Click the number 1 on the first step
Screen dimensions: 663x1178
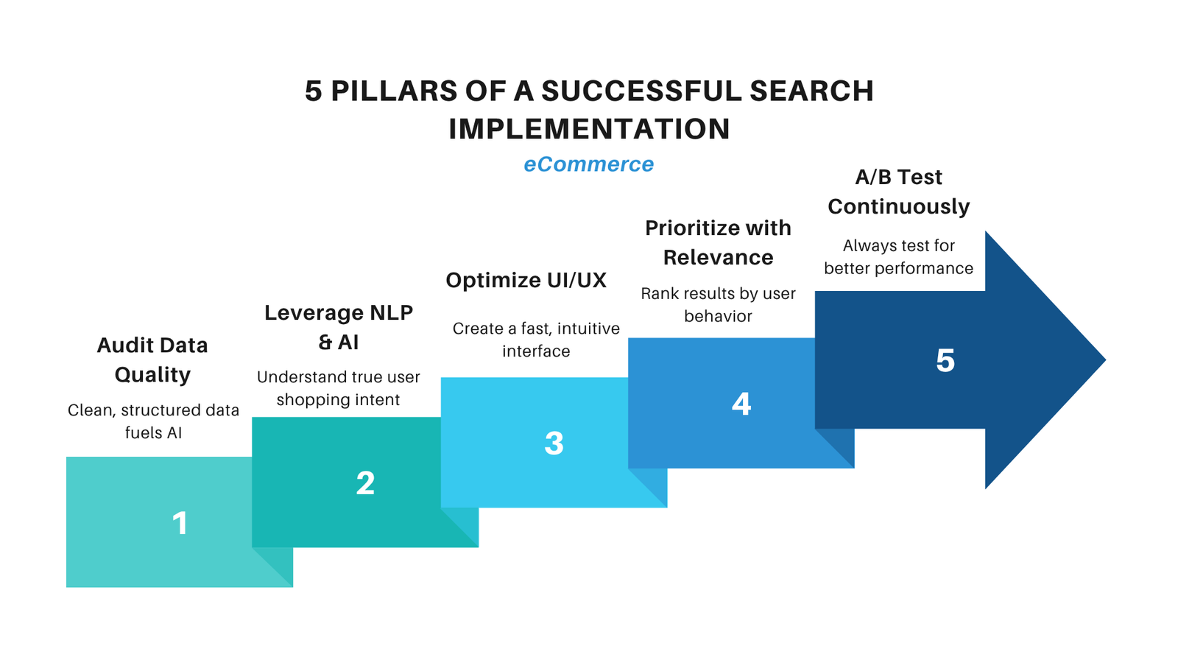[180, 523]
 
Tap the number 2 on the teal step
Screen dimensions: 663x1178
[365, 483]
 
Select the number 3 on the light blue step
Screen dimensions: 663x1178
[554, 443]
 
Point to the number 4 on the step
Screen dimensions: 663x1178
[741, 404]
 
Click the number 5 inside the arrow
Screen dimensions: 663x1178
[945, 361]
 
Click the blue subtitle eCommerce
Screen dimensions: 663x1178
[588, 164]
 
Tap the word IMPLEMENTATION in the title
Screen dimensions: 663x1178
[589, 129]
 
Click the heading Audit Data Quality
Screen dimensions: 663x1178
[152, 359]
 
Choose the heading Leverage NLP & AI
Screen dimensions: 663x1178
[339, 327]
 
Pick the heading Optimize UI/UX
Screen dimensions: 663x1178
[526, 280]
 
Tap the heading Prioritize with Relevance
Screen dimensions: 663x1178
[718, 242]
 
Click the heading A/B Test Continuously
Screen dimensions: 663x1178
[898, 192]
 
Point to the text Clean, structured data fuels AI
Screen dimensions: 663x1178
[153, 421]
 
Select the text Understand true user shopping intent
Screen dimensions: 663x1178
[338, 388]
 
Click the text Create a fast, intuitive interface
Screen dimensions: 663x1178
[536, 340]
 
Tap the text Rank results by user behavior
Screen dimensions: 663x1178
[718, 305]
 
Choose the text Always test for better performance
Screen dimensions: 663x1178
[898, 257]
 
